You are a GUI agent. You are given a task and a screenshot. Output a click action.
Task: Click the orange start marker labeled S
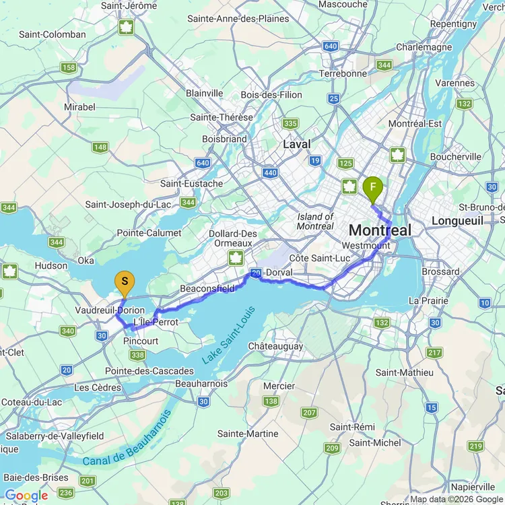point(124,282)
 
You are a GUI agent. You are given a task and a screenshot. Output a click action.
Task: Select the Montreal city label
point(380,230)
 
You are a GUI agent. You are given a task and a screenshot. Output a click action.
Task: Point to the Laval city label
point(296,144)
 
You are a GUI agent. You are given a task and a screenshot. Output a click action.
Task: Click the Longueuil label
point(458,221)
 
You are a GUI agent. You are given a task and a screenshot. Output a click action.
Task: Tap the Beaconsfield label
point(207,288)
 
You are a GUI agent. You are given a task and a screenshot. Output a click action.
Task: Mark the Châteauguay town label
point(275,346)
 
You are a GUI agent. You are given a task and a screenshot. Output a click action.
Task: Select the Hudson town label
point(51,265)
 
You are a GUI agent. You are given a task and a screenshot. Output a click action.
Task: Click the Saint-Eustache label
point(191,183)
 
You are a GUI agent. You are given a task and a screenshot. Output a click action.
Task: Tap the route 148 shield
point(100,147)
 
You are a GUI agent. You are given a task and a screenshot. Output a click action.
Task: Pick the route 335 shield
point(290,123)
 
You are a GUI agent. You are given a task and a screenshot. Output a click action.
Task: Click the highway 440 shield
point(270,173)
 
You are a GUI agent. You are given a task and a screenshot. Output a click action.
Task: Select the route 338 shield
point(138,356)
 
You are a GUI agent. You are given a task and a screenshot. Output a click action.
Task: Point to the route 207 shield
point(309,413)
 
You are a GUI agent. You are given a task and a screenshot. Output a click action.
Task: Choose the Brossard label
point(443,272)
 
